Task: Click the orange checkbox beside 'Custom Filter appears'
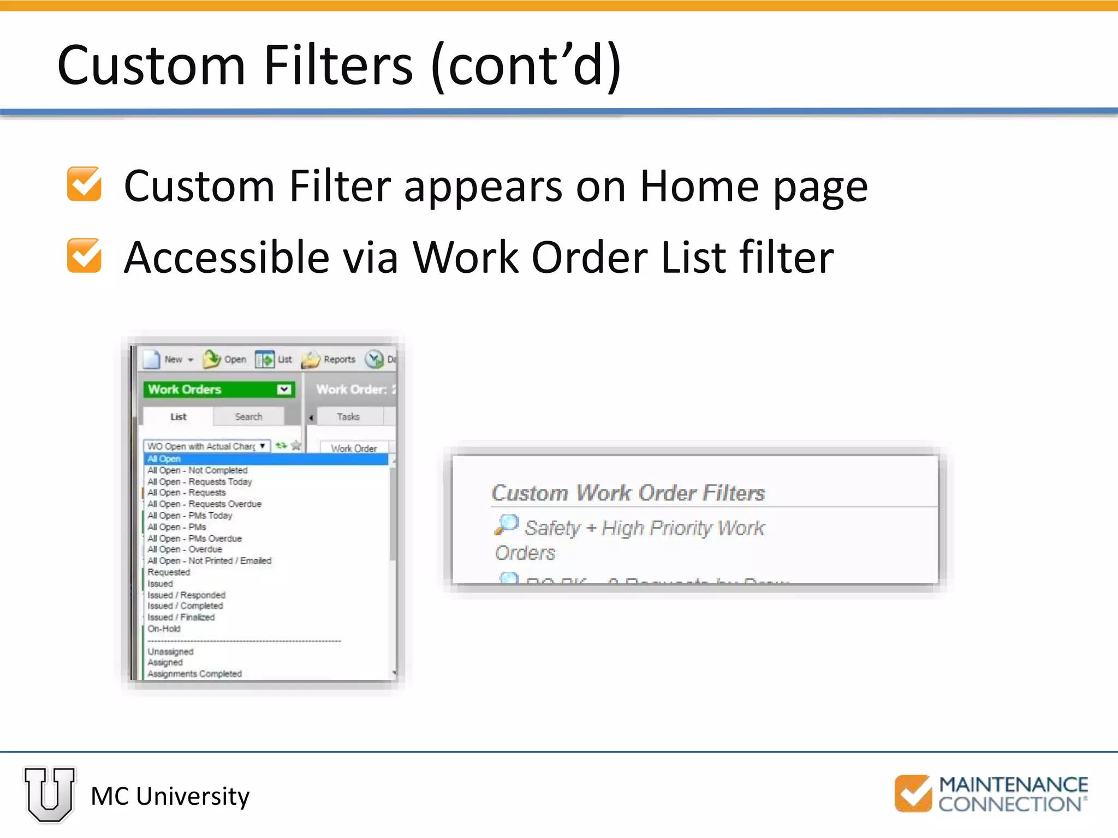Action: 84,184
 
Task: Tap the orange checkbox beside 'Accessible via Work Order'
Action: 84,255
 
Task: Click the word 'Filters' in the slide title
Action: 338,65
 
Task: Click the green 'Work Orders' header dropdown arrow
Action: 284,390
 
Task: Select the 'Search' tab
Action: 248,417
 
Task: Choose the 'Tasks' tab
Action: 348,417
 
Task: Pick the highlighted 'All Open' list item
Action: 164,459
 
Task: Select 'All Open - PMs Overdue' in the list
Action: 194,538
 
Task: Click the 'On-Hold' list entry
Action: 164,628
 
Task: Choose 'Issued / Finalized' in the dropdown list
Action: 181,617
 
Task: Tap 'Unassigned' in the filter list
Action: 170,651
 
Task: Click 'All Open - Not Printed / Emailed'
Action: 209,561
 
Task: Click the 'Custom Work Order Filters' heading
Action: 628,493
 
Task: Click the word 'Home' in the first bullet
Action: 699,187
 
